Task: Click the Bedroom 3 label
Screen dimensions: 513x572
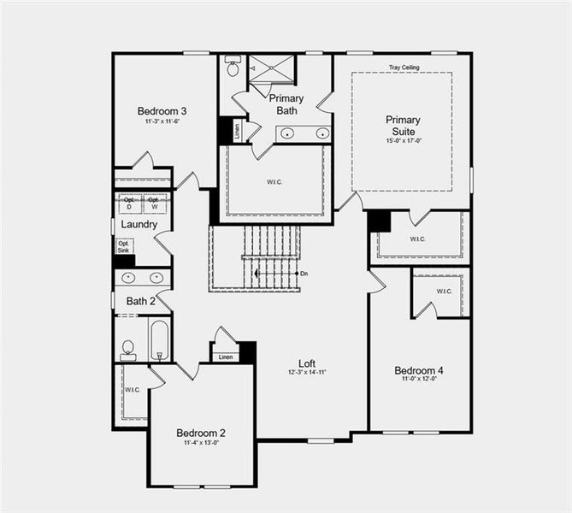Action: click(x=162, y=111)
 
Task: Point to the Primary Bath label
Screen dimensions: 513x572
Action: click(x=286, y=104)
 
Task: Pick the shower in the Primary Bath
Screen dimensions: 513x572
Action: click(x=271, y=68)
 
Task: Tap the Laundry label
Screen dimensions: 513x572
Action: click(x=139, y=224)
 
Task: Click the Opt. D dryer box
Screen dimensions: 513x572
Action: click(x=129, y=203)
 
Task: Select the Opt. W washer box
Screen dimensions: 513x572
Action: click(x=154, y=203)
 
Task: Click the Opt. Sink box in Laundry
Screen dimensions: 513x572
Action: click(x=124, y=246)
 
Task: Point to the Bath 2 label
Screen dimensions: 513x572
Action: click(x=140, y=301)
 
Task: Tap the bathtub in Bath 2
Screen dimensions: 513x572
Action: click(x=161, y=340)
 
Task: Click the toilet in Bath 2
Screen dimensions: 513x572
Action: click(x=128, y=348)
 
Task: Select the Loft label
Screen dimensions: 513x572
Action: click(x=308, y=363)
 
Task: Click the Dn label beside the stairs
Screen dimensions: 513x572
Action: click(x=304, y=274)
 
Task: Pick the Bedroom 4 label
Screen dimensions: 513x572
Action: click(x=419, y=370)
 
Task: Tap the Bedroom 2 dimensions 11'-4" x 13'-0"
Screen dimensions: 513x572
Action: click(x=200, y=443)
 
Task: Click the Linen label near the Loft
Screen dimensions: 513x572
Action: click(x=225, y=357)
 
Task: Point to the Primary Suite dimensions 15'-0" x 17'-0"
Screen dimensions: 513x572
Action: click(x=403, y=142)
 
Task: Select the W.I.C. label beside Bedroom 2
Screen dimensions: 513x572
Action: click(x=132, y=390)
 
